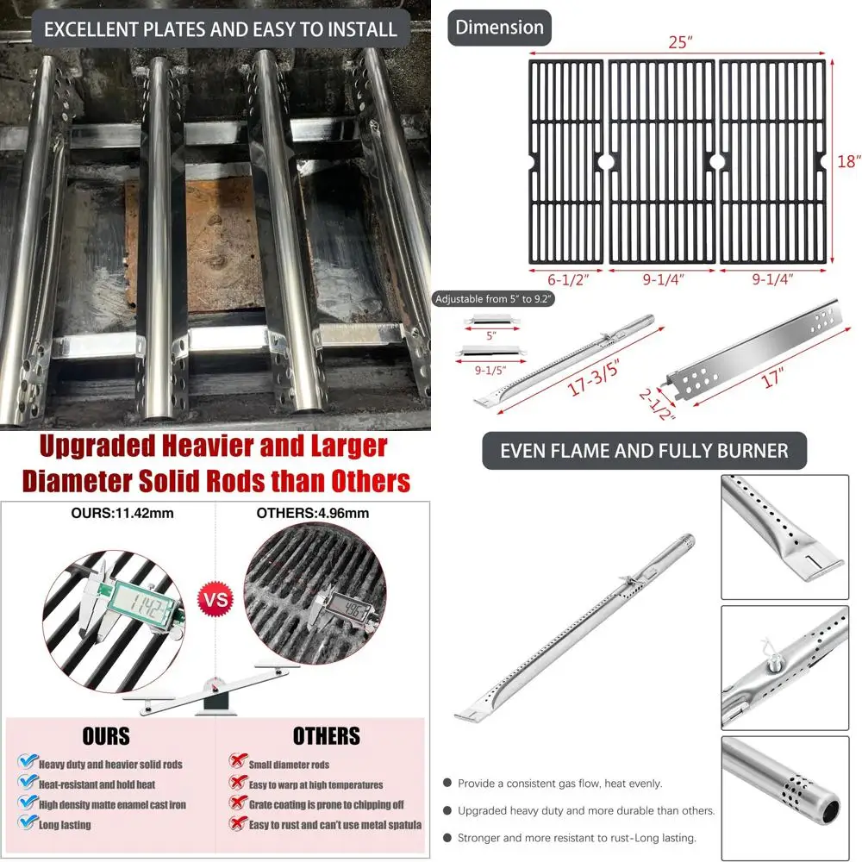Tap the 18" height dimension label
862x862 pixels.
click(x=849, y=161)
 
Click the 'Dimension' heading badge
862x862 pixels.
click(x=499, y=27)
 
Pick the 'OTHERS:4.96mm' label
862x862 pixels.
click(x=313, y=514)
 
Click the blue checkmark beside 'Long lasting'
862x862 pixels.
click(x=28, y=824)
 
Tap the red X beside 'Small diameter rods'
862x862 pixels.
click(x=235, y=763)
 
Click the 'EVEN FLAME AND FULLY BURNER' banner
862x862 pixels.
click(x=644, y=451)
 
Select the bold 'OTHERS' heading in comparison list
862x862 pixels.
click(x=326, y=735)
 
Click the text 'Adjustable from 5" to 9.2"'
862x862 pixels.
click(x=493, y=299)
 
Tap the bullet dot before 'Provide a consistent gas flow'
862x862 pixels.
click(x=447, y=784)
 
